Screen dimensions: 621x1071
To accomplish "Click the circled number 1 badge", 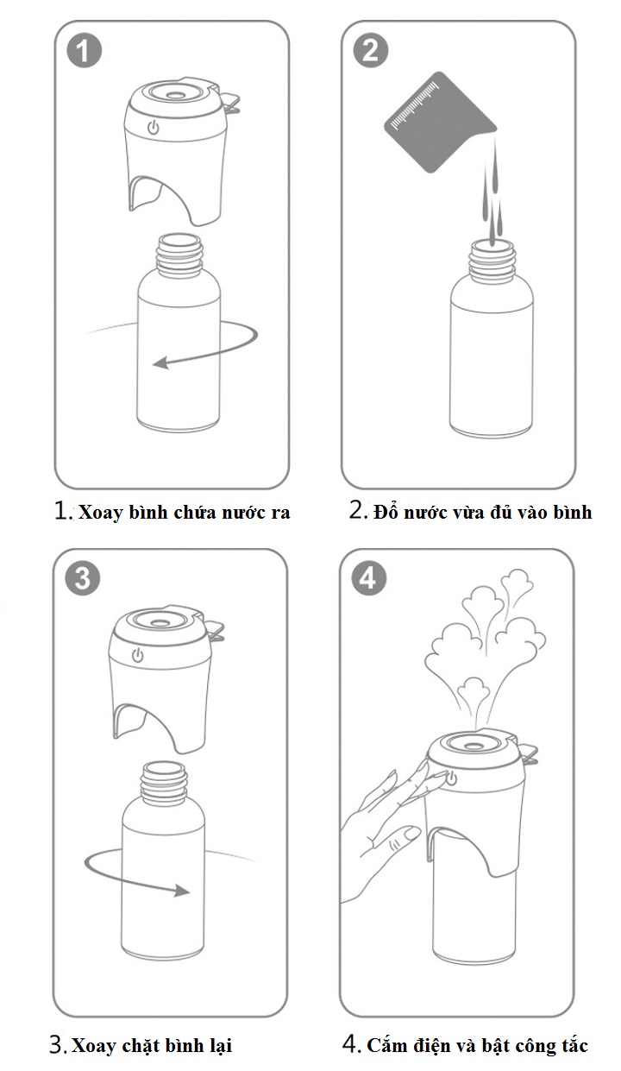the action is point(84,50).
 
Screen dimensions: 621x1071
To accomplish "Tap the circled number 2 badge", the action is point(371,50).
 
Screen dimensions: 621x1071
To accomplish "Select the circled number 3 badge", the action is point(83,578).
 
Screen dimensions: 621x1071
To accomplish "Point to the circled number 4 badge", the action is point(369,578).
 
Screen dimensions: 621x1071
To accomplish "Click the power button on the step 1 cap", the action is point(154,127).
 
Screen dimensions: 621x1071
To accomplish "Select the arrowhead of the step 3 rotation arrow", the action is point(181,891).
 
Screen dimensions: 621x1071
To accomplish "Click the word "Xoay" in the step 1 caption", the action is point(100,513).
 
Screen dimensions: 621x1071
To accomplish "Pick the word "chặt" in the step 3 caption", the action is point(141,1046).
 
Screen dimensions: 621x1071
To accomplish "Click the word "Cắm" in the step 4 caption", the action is point(384,1045).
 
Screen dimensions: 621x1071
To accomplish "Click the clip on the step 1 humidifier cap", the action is point(229,101).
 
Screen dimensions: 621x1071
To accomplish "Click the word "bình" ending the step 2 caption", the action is point(573,512).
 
